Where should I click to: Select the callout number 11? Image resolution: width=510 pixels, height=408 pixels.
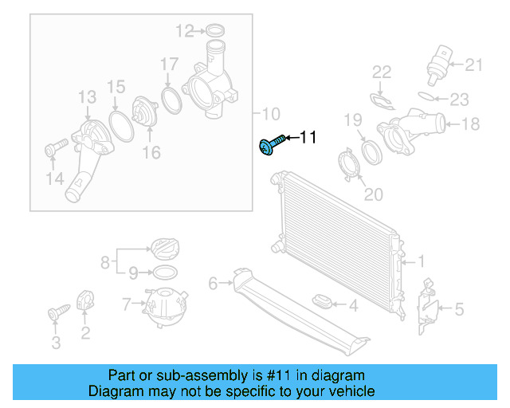308,138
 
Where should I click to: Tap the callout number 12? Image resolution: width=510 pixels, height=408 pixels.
184,31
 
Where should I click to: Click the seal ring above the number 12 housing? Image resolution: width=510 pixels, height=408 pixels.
214,32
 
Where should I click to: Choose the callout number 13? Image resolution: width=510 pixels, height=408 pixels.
86,97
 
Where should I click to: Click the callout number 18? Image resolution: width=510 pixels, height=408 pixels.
470,124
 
